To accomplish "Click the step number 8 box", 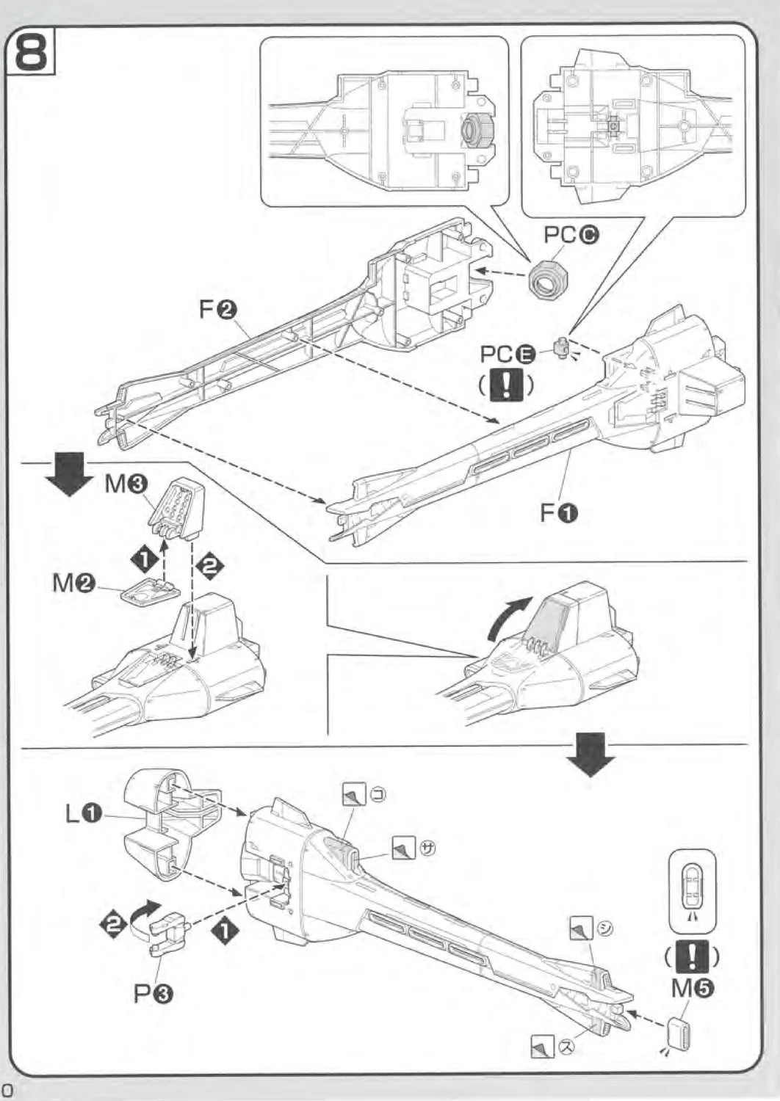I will pos(31,49).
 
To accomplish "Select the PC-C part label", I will pos(571,235).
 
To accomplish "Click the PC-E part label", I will pos(507,354).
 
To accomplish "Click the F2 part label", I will pos(217,310).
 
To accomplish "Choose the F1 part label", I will pos(559,512).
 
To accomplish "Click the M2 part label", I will pos(74,584).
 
